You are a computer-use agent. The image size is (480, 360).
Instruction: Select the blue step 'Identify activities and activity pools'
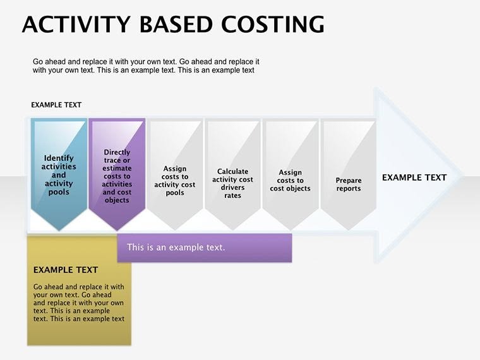point(59,174)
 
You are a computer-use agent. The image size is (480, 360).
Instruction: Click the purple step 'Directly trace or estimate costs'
point(117,176)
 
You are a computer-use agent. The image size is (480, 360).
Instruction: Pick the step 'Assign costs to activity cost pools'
point(175,180)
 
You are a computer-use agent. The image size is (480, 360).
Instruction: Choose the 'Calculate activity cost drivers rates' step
point(232,183)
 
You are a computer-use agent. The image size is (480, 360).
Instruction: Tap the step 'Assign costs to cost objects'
point(291,180)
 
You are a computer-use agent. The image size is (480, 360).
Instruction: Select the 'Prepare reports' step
point(349,184)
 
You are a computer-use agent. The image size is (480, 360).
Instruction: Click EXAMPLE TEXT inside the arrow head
point(414,177)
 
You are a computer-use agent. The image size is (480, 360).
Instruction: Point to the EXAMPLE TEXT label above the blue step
point(56,105)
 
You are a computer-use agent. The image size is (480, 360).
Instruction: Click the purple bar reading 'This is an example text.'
point(204,247)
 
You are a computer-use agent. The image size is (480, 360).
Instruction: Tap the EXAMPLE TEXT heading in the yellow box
point(66,270)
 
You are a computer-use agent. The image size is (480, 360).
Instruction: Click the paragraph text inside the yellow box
point(79,303)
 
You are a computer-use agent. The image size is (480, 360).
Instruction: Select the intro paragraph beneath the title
point(145,66)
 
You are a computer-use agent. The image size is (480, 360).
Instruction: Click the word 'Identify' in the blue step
point(59,159)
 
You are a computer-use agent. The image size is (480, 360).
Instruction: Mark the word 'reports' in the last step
point(349,188)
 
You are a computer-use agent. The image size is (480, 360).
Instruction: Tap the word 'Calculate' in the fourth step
point(232,171)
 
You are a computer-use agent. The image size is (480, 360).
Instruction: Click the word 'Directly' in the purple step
point(117,152)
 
